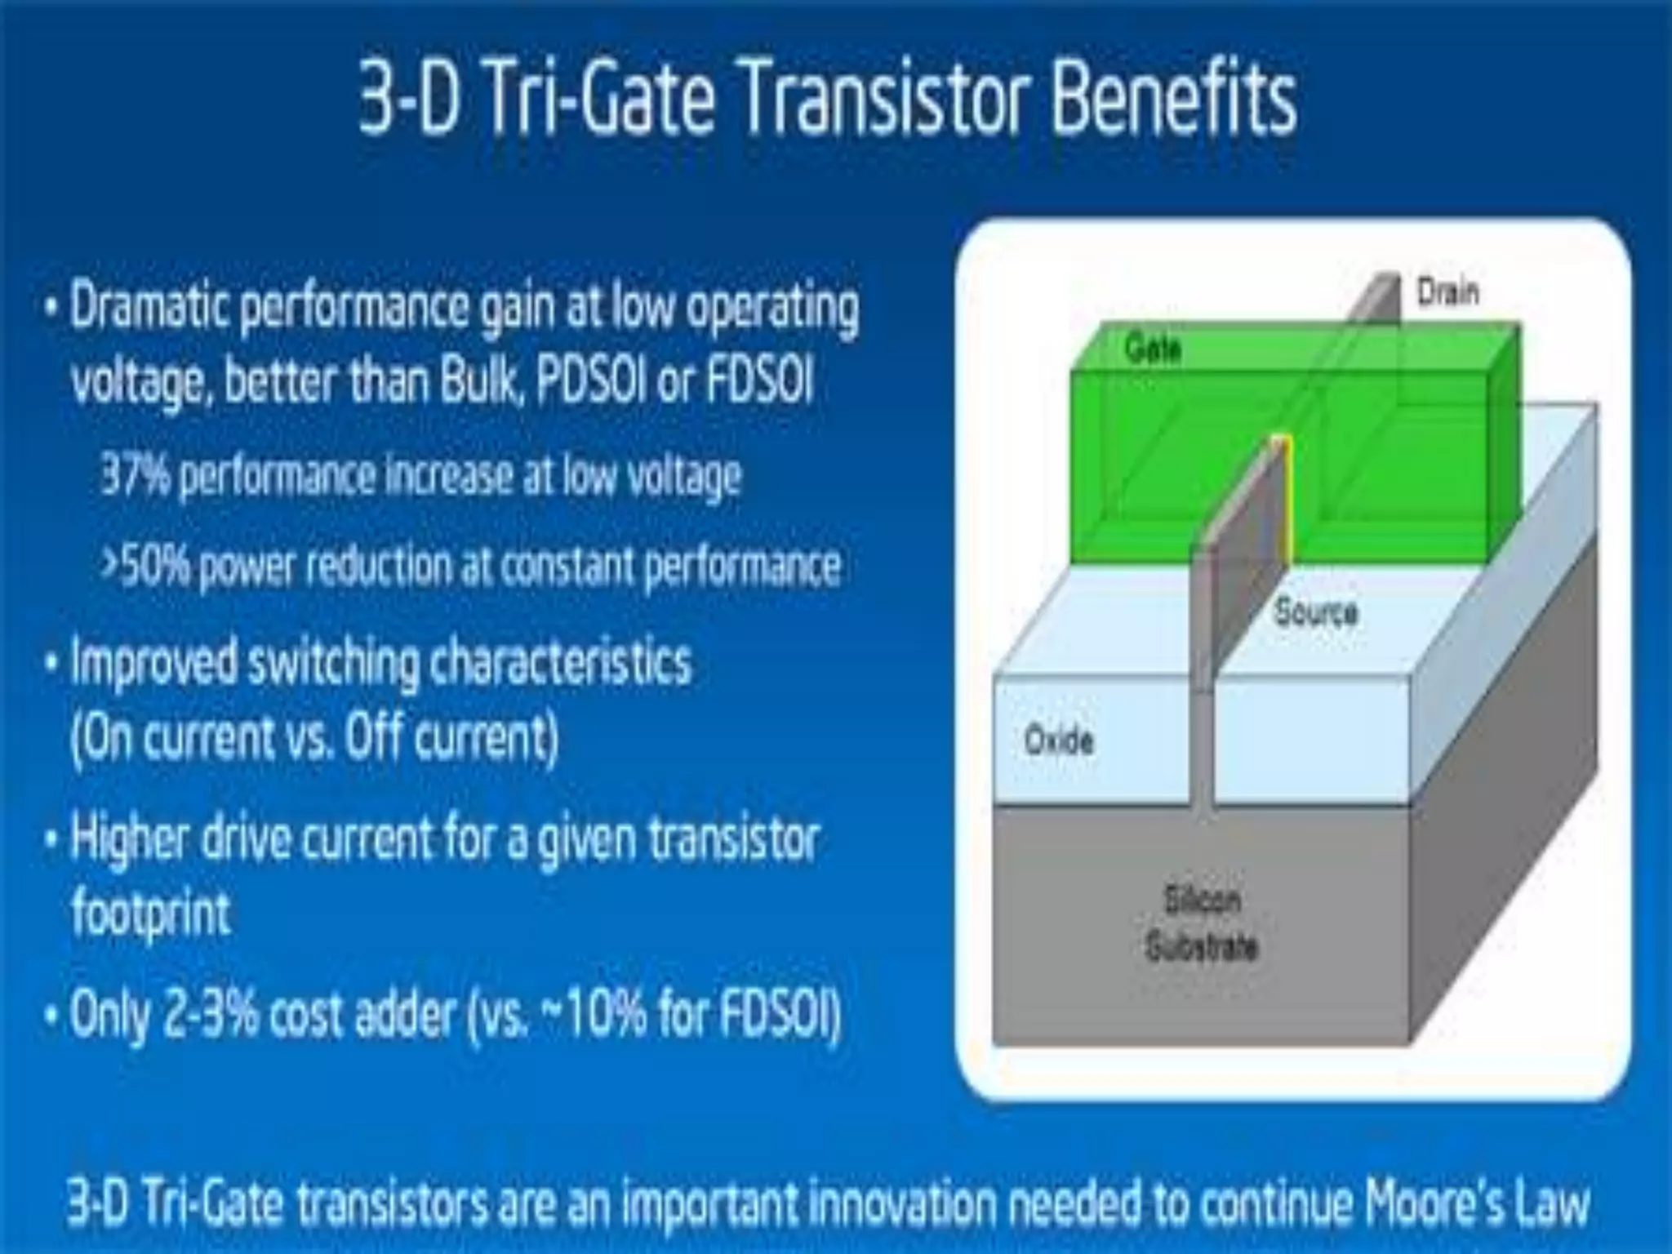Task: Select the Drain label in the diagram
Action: (1447, 292)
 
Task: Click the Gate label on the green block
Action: (1152, 349)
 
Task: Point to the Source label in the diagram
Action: (1316, 612)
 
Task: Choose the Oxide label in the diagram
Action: (1058, 741)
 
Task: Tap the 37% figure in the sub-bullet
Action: (136, 475)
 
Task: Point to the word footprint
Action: (151, 913)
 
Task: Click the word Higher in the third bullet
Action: (130, 839)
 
